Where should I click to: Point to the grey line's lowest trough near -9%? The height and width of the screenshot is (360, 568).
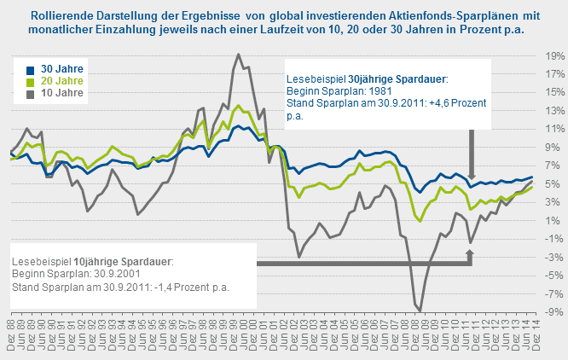pos(420,311)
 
